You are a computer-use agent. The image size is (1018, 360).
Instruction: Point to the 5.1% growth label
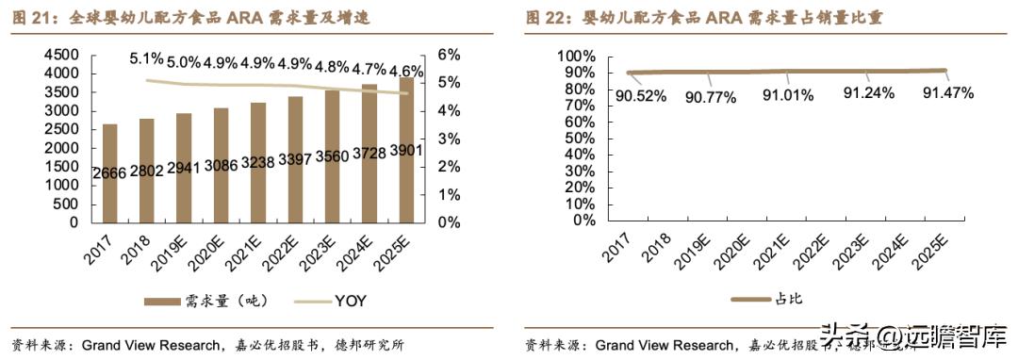(148, 58)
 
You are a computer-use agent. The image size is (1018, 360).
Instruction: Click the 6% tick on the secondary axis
(449, 55)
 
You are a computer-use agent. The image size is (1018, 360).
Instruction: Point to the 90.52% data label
(642, 95)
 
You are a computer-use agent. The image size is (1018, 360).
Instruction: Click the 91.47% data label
(947, 93)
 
